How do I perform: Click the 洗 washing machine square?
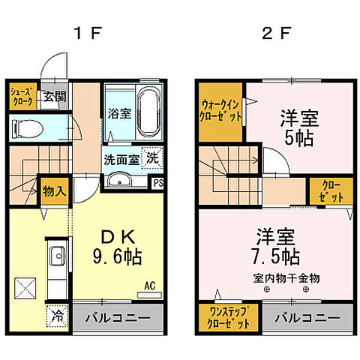click(152, 159)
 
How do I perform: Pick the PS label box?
click(158, 183)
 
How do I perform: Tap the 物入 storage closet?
click(54, 190)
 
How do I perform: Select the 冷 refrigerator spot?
click(57, 316)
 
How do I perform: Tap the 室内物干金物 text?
click(286, 278)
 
